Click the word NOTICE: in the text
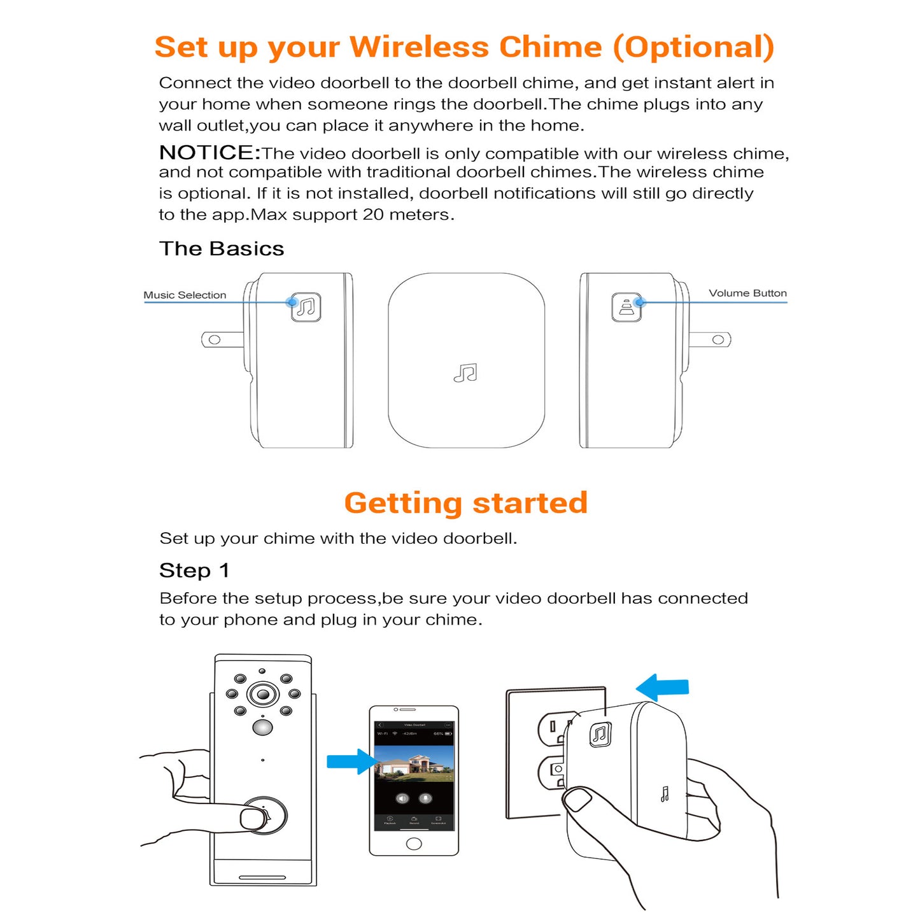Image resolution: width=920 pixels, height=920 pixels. (209, 153)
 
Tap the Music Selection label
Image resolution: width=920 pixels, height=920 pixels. (185, 295)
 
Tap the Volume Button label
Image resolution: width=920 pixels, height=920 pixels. (747, 294)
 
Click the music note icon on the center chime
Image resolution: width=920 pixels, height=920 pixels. (465, 373)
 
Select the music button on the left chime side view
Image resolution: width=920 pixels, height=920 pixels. (306, 308)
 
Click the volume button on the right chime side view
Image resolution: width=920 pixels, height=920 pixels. (626, 308)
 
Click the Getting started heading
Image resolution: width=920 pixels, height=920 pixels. (465, 503)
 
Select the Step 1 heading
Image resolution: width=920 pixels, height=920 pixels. (194, 570)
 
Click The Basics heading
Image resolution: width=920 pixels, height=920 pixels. (222, 249)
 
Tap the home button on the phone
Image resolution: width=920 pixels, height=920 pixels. (414, 844)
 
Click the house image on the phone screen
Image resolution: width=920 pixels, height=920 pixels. (414, 764)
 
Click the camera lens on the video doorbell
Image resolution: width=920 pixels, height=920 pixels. (263, 694)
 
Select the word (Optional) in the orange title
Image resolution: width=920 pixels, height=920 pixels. (693, 48)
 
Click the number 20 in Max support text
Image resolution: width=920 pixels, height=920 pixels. (373, 215)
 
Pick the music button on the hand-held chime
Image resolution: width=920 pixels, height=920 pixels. (600, 734)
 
